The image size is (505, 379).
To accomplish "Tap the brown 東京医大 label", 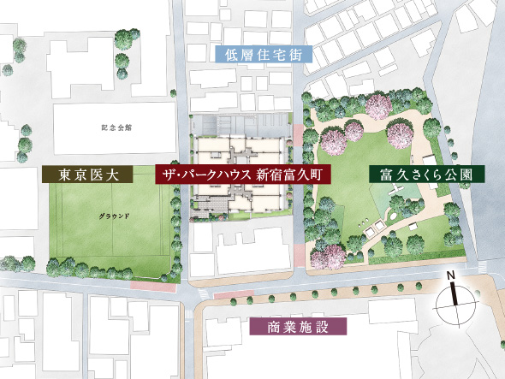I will pos(89,175).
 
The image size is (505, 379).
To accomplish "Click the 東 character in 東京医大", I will pos(62,175).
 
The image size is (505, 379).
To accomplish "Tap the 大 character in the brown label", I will pos(116,175).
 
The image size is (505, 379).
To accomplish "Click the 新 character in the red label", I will pos(264,175).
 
